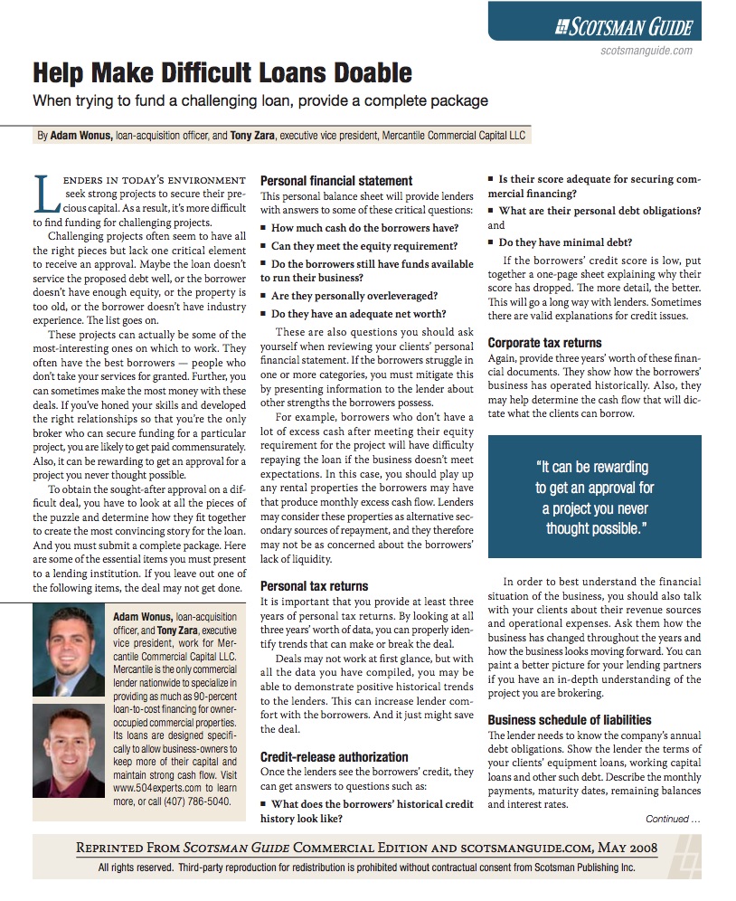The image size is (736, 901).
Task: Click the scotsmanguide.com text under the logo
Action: click(646, 52)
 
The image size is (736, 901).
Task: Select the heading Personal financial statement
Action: click(336, 180)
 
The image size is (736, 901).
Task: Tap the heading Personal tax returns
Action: click(314, 586)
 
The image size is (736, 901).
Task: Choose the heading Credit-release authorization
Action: click(335, 756)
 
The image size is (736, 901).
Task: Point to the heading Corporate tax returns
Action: click(545, 343)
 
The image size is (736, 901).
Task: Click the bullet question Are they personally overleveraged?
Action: click(354, 295)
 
